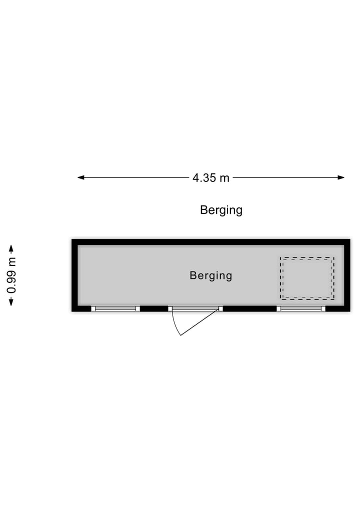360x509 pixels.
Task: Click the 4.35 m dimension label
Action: [210, 178]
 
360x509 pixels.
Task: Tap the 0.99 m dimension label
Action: [11, 275]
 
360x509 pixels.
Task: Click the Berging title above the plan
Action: [221, 210]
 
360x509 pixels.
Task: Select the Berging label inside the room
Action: [210, 275]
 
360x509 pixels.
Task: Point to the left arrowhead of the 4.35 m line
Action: [81, 177]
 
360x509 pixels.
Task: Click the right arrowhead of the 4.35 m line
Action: [341, 177]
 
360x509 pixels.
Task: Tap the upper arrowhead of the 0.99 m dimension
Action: [11, 248]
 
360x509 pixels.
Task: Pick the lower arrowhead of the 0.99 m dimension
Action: [11, 302]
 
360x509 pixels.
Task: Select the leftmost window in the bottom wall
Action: [115, 308]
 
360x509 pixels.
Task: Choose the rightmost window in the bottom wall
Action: [301, 308]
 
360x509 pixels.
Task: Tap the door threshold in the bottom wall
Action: [195, 308]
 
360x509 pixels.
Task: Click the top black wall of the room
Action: [211, 242]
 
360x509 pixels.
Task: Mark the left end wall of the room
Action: [74, 275]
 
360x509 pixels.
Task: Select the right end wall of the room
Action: [347, 275]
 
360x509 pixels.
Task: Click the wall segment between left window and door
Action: [154, 308]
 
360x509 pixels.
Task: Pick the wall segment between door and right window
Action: [249, 308]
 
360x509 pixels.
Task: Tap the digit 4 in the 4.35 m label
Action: [195, 178]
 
